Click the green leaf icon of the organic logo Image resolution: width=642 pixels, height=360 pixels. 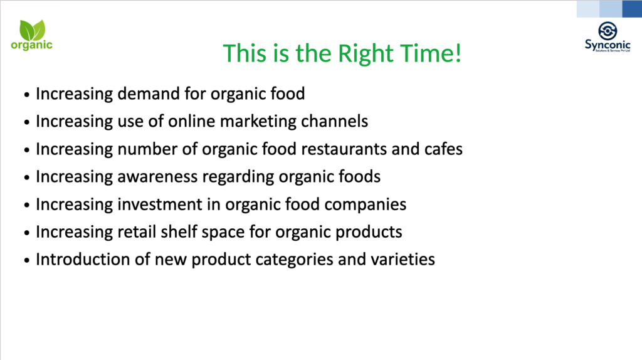click(x=33, y=30)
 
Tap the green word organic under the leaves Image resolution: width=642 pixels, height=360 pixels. click(x=31, y=45)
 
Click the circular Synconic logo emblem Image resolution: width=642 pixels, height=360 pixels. click(x=608, y=31)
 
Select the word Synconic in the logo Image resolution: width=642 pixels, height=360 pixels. click(x=608, y=45)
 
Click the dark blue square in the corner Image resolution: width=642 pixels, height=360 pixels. click(x=632, y=9)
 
